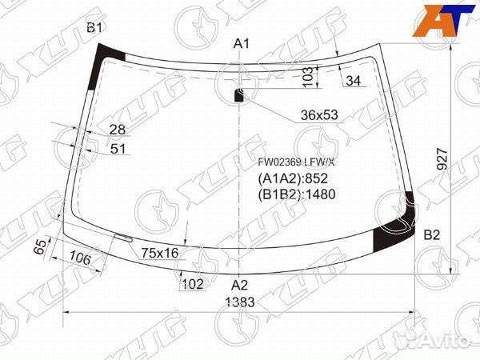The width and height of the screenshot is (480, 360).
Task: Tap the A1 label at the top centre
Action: pyautogui.click(x=242, y=44)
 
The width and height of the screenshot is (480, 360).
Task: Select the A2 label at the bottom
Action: pyautogui.click(x=239, y=285)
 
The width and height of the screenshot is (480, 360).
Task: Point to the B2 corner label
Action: pyautogui.click(x=432, y=234)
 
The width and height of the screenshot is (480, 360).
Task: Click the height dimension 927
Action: pyautogui.click(x=442, y=159)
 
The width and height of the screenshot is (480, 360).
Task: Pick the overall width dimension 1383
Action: pyautogui.click(x=240, y=302)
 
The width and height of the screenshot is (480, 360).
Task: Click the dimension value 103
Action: pyautogui.click(x=308, y=76)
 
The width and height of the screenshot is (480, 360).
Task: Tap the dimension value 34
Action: pyautogui.click(x=354, y=81)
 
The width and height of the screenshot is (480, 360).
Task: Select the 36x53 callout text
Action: pyautogui.click(x=319, y=115)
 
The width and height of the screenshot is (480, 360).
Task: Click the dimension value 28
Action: pyautogui.click(x=118, y=130)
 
